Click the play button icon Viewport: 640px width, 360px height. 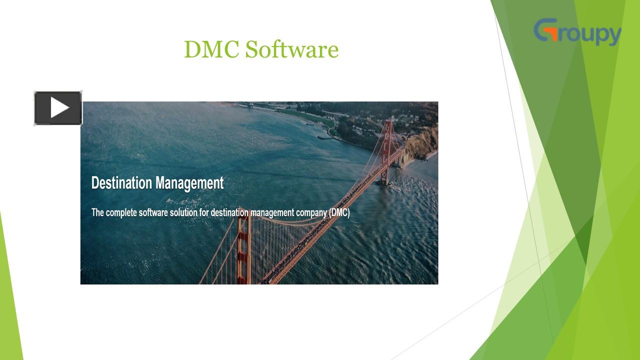(58, 108)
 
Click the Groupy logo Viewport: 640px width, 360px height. (577, 32)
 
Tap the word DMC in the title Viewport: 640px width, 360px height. (211, 49)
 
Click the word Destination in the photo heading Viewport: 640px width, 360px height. (121, 183)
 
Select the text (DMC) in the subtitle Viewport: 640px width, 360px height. (339, 212)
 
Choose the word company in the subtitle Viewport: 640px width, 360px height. (311, 213)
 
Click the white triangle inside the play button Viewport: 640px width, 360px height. (59, 108)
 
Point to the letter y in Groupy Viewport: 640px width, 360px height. (613, 35)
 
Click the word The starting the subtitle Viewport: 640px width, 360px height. (97, 212)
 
